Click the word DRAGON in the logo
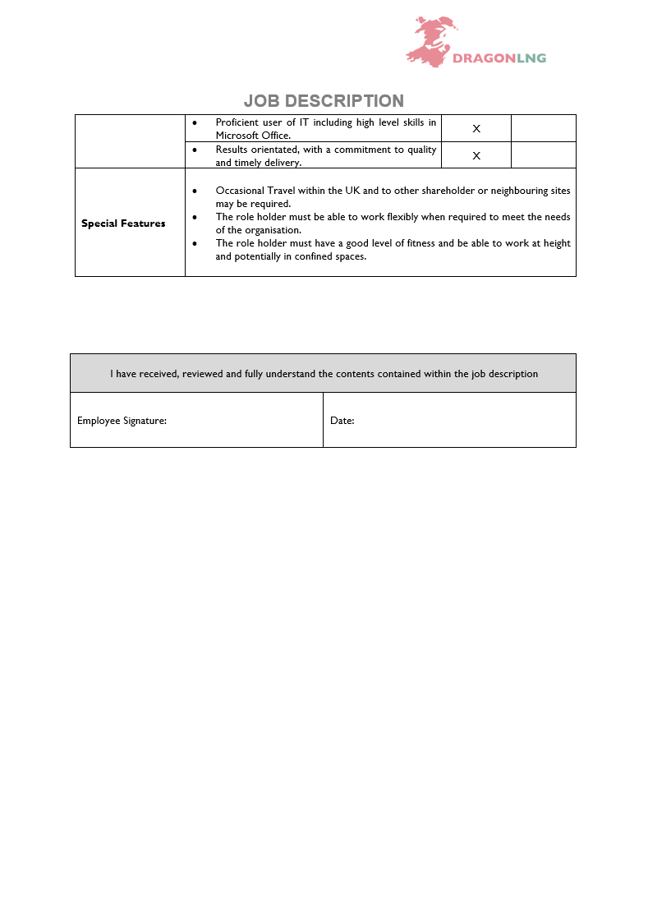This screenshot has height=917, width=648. point(484,58)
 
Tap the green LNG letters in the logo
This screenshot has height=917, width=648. point(531,58)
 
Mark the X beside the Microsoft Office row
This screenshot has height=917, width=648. point(476,129)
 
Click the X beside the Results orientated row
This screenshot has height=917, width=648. point(476,155)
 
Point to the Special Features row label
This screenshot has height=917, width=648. point(123,223)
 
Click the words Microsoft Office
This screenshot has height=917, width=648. point(253,136)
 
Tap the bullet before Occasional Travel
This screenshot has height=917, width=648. point(194,191)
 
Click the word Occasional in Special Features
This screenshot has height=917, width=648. point(240,191)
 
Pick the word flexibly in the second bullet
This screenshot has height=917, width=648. point(402,217)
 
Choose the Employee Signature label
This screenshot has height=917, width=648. point(122,421)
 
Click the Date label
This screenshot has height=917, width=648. point(342,421)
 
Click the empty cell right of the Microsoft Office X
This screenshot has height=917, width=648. point(543,128)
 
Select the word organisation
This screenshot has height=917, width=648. point(264,230)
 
